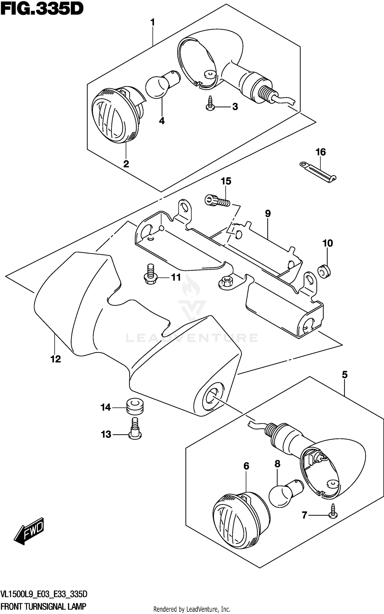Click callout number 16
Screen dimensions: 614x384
pyautogui.click(x=321, y=152)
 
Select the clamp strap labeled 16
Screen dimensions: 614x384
pyautogui.click(x=318, y=172)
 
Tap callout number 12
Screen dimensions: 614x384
pyautogui.click(x=56, y=359)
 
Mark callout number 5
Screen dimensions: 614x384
pyautogui.click(x=345, y=375)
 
